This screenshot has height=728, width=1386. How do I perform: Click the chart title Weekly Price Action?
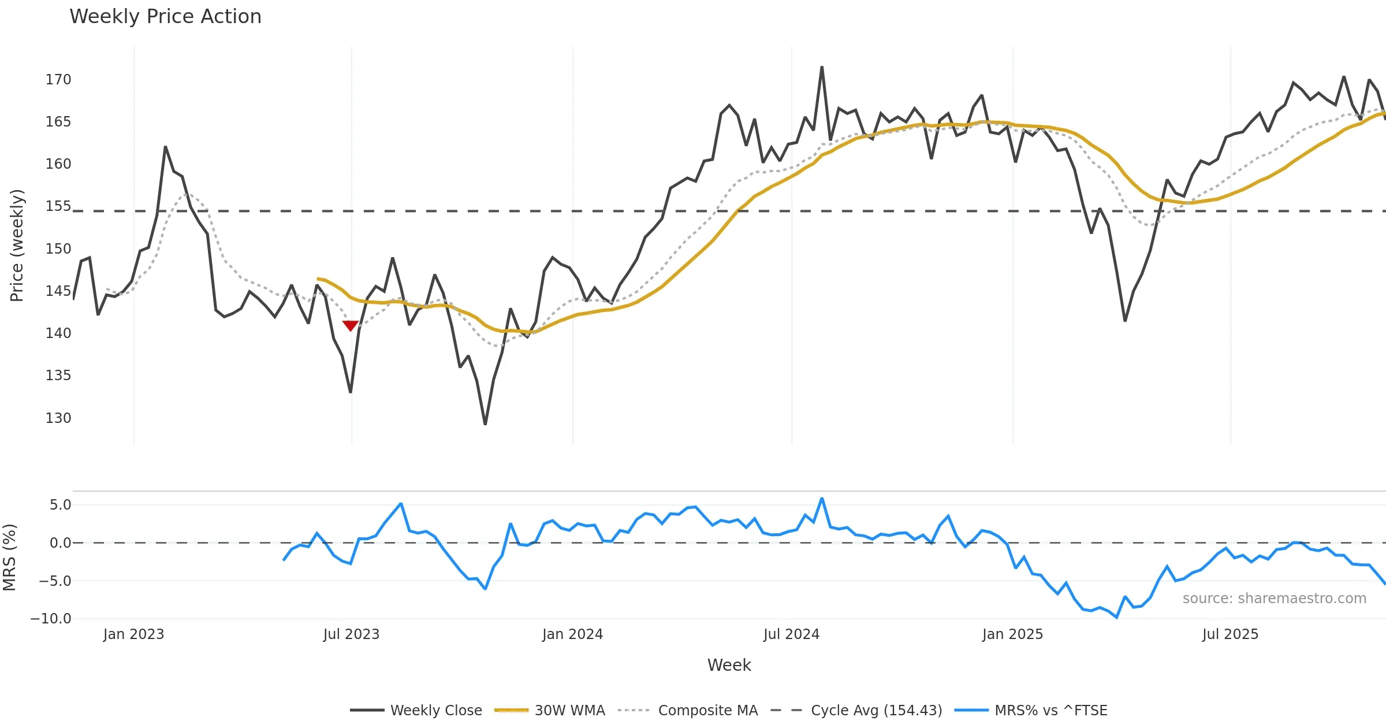[x=165, y=17]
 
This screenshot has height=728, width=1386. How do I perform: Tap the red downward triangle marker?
[x=351, y=325]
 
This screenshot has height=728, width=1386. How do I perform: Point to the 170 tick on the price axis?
[x=58, y=80]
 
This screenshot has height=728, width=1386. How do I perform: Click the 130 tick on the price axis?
[x=58, y=418]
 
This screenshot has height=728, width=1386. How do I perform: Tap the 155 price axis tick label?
[x=58, y=206]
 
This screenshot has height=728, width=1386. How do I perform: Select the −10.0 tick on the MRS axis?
[x=51, y=619]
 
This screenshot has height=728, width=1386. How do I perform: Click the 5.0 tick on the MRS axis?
[x=60, y=505]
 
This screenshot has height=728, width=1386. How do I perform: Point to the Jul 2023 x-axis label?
[x=351, y=634]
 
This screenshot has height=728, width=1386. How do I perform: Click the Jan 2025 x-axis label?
[x=1012, y=634]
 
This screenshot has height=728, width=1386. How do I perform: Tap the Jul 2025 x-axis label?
[x=1230, y=634]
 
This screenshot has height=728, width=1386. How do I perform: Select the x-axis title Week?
[x=729, y=665]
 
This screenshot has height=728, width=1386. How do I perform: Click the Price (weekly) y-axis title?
[x=17, y=246]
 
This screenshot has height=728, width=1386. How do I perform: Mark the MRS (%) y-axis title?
[x=10, y=558]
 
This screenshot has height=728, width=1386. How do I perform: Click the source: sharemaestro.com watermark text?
[x=1274, y=599]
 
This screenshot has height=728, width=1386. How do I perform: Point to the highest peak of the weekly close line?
[x=822, y=67]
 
